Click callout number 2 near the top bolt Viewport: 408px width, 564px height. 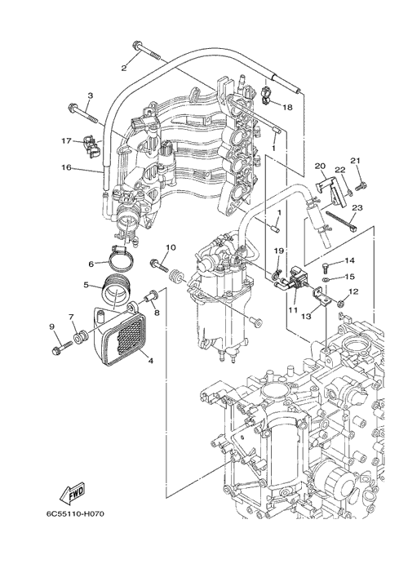coord(124,68)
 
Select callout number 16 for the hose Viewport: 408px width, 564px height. coord(67,167)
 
